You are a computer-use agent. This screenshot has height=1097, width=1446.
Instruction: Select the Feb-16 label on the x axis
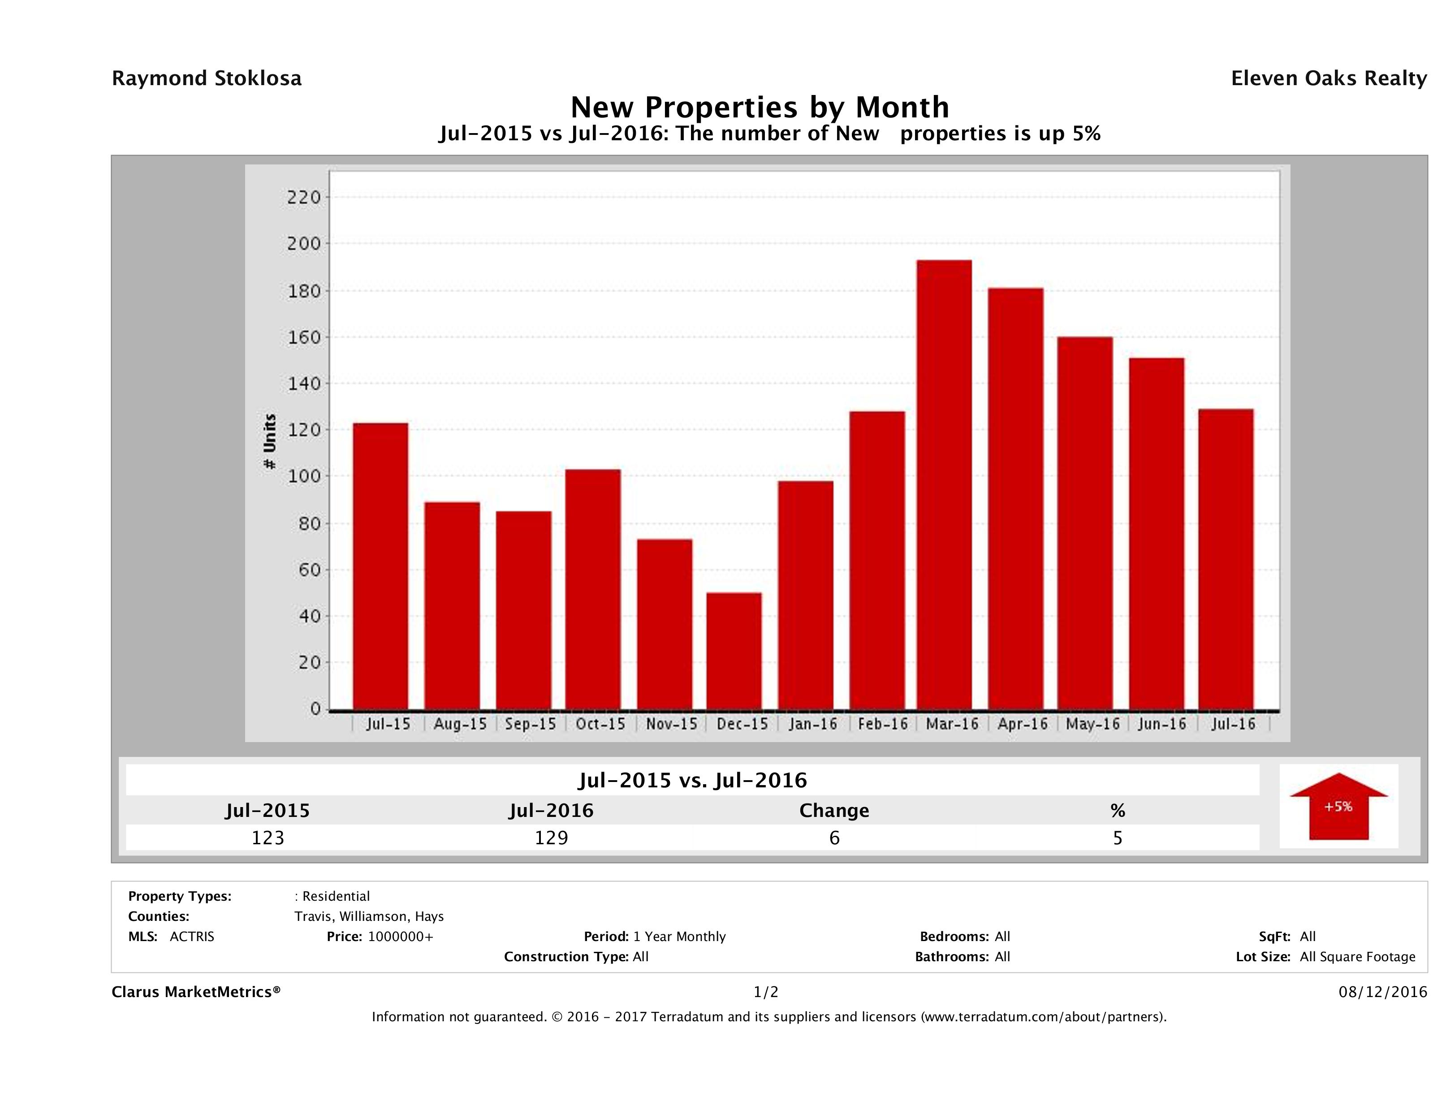tap(882, 724)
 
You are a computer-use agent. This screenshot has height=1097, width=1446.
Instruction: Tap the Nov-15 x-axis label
tap(671, 724)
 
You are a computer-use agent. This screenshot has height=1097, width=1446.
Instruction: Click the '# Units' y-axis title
tap(269, 442)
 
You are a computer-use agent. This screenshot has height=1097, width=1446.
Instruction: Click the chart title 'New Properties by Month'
tap(760, 107)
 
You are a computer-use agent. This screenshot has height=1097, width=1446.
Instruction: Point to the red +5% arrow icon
tap(1338, 806)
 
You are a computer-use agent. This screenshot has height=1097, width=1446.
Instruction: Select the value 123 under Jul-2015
tap(268, 838)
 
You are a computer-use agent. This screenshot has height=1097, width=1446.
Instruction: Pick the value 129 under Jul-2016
tap(551, 838)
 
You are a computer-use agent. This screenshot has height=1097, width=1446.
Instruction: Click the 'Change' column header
tap(834, 811)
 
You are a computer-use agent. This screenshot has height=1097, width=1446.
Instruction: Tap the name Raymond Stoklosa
tap(207, 78)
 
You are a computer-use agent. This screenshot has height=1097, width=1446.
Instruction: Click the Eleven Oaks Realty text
tap(1328, 78)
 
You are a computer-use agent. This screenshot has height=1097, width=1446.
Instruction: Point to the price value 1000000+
tap(400, 937)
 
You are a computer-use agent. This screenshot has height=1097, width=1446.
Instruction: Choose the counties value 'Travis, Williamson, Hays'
tap(369, 916)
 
